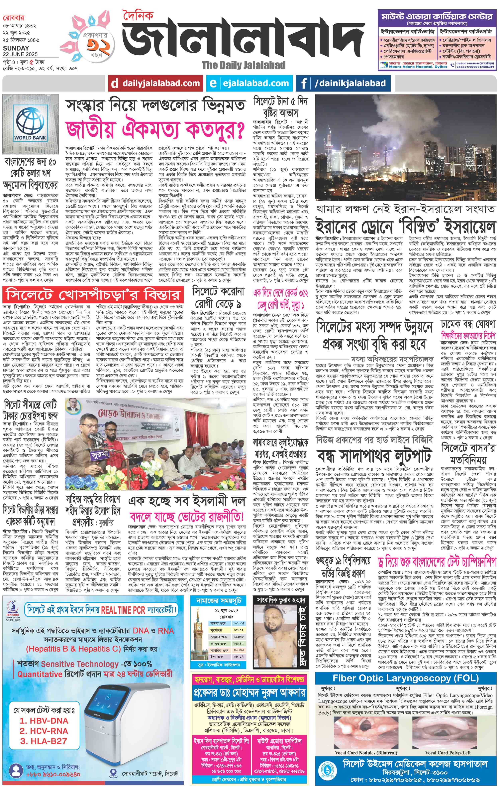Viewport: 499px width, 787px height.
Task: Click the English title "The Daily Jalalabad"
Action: (x=243, y=65)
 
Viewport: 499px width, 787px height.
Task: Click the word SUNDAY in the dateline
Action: (x=16, y=48)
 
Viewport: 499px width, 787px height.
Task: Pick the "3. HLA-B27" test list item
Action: (x=44, y=741)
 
